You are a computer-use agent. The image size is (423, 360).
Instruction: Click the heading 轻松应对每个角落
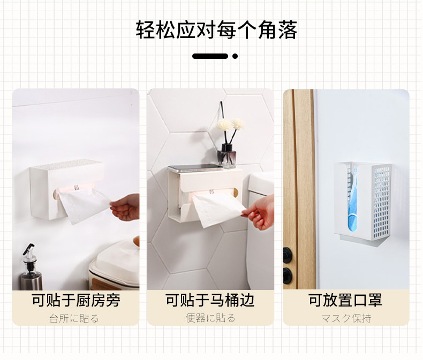[x=216, y=29]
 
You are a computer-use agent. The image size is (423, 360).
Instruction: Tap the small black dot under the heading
[x=235, y=56]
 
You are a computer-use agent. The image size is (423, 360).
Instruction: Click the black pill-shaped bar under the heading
[x=210, y=56]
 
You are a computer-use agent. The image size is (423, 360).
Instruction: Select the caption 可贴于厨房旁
[x=76, y=300]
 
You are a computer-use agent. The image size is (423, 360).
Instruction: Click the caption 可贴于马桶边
[x=210, y=300]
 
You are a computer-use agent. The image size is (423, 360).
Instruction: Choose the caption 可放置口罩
[x=345, y=300]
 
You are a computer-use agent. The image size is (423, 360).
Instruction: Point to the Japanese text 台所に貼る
[x=74, y=318]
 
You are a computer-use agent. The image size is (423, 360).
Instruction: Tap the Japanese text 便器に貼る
[x=210, y=318]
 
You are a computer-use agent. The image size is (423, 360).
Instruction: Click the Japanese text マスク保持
[x=346, y=318]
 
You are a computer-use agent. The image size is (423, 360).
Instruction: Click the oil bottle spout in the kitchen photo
[x=28, y=250]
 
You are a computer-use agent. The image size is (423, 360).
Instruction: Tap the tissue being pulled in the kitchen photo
[x=83, y=205]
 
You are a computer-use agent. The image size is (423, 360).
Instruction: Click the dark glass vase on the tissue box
[x=227, y=156]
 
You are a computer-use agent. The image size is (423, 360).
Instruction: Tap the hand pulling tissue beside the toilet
[x=259, y=212]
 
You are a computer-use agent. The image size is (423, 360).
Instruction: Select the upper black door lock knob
[x=287, y=255]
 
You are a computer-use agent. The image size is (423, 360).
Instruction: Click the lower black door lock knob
[x=287, y=275]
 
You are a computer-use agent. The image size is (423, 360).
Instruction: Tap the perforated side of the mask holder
[x=381, y=202]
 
